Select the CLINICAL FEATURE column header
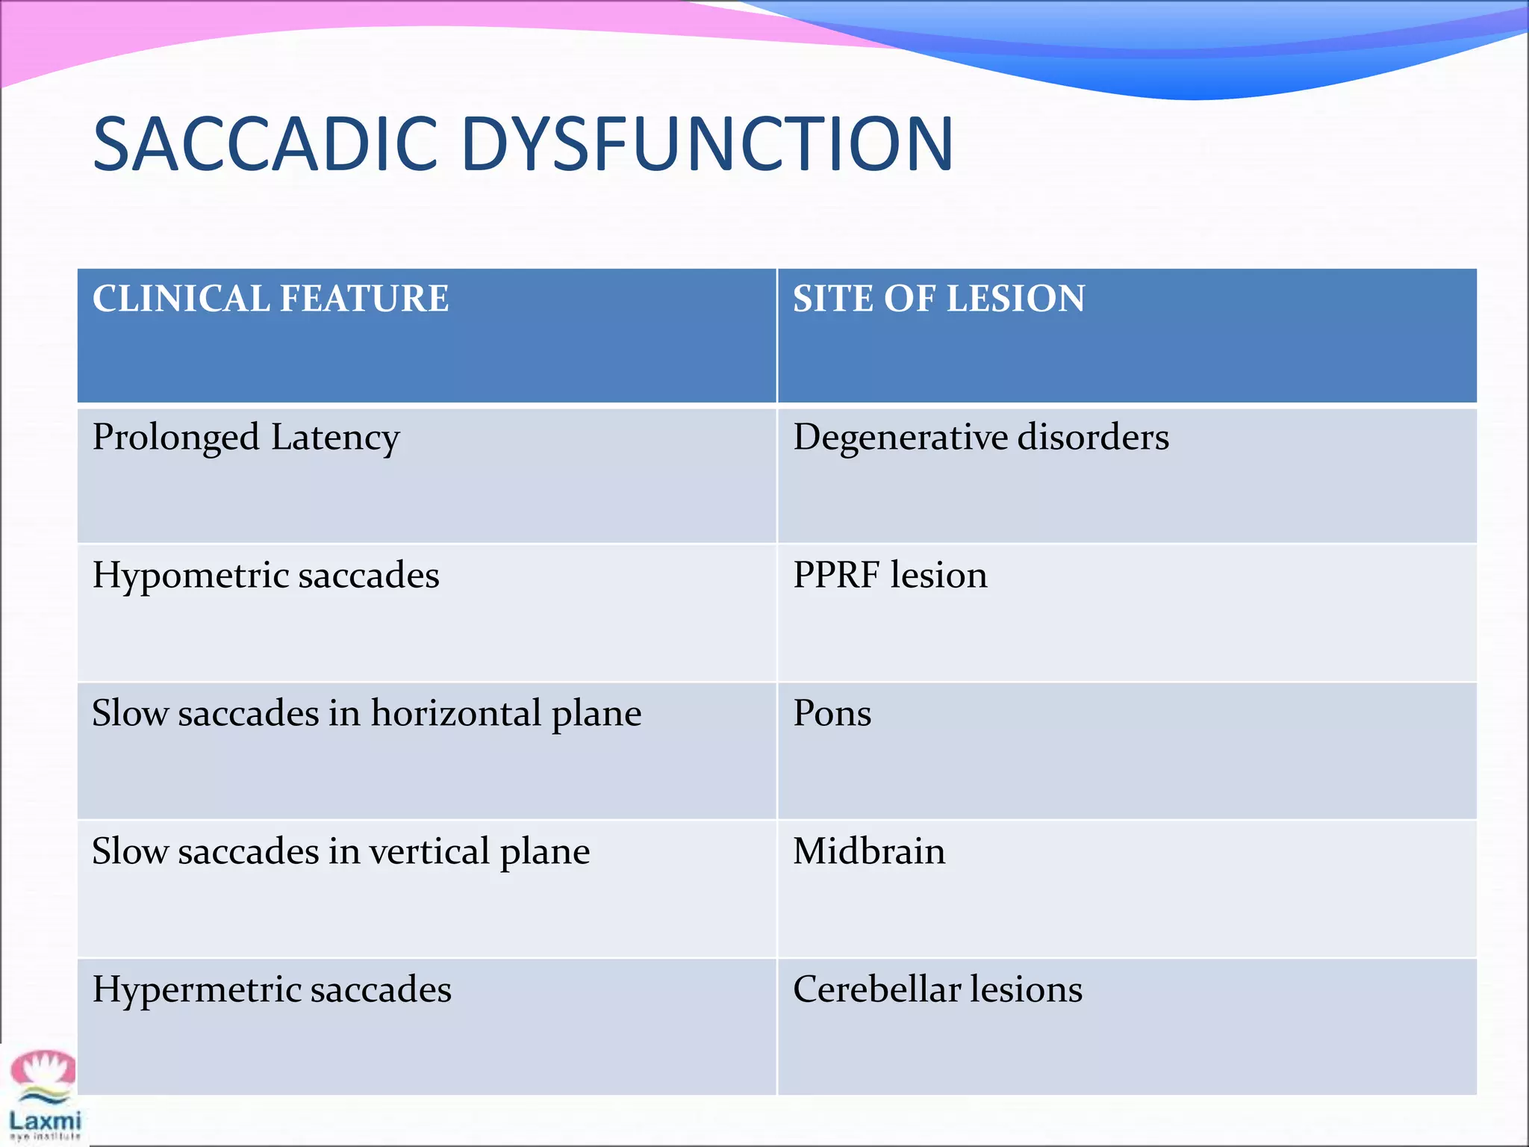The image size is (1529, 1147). (x=270, y=299)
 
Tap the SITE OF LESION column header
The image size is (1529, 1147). (x=938, y=299)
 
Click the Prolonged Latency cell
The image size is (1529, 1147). (x=246, y=438)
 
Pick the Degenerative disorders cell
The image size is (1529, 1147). (x=980, y=438)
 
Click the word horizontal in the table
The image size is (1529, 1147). (x=455, y=713)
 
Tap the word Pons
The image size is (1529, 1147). (x=832, y=713)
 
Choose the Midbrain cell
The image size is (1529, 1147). (x=869, y=852)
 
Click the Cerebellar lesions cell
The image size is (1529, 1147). (x=937, y=990)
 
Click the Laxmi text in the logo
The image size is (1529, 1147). (x=45, y=1120)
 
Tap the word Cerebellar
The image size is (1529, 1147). (x=876, y=990)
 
